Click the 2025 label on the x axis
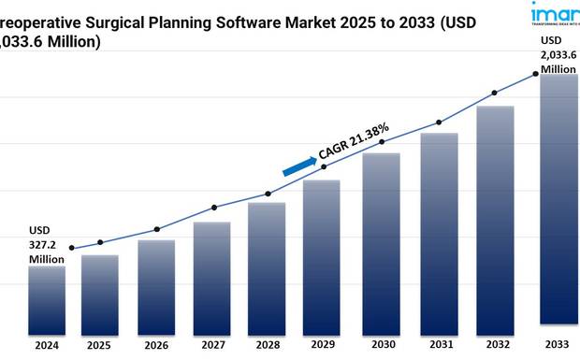[x=99, y=344]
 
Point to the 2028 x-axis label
[x=267, y=344]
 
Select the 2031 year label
[x=439, y=344]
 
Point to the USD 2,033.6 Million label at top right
[x=557, y=55]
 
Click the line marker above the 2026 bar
[x=156, y=229]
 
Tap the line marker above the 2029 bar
[x=324, y=166]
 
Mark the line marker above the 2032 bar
[x=495, y=93]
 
